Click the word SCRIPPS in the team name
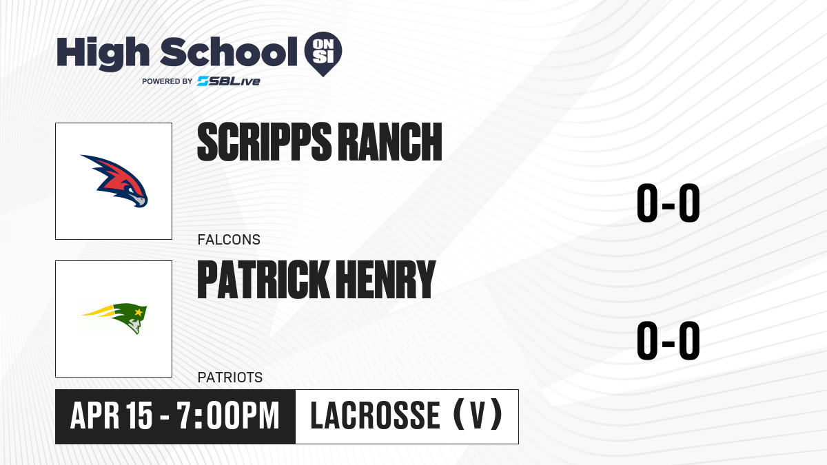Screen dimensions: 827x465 coord(265,142)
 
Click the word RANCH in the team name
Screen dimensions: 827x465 coord(390,142)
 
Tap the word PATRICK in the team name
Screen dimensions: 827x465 coord(263,279)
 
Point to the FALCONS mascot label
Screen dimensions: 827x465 coord(229,240)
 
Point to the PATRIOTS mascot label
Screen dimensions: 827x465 coord(230,378)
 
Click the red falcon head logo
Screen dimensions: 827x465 coord(114,180)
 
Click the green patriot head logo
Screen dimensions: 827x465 coord(114,318)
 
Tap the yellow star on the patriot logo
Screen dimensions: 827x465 coord(139,312)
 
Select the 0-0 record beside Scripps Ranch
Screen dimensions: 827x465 coord(668,203)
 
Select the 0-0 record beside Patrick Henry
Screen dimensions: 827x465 coord(668,340)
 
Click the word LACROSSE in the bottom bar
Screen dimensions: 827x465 coord(375,416)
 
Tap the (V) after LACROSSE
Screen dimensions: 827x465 coord(478,415)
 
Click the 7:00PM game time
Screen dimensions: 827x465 coord(228,416)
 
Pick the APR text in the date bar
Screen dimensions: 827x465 coord(95,416)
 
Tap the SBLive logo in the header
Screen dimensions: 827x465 coord(229,81)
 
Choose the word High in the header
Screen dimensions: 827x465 coord(103,53)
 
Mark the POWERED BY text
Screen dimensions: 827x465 coord(167,81)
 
